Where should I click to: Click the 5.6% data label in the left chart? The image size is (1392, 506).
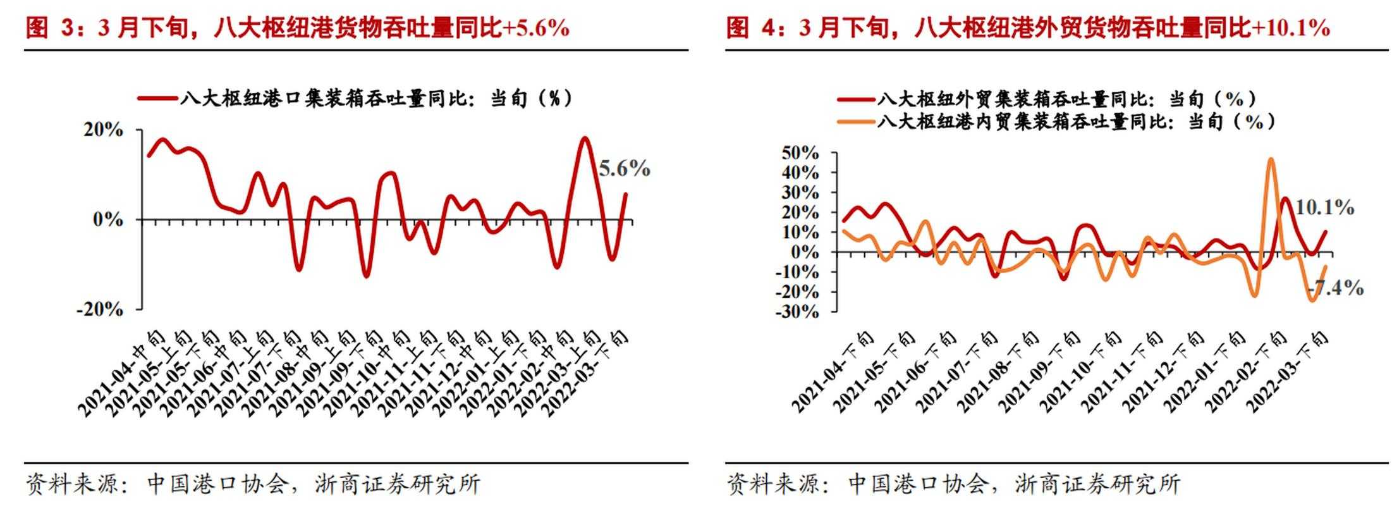(x=624, y=169)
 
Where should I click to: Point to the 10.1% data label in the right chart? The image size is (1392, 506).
(x=1324, y=207)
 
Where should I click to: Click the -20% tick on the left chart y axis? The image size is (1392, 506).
(x=100, y=309)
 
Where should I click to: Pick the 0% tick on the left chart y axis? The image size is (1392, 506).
(x=108, y=219)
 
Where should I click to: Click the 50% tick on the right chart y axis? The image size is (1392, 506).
(x=800, y=153)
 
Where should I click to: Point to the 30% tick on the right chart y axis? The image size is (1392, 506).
(x=800, y=192)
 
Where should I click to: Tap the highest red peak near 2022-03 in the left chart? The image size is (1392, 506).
(x=584, y=139)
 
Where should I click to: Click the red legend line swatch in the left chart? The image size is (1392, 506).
(x=157, y=98)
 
